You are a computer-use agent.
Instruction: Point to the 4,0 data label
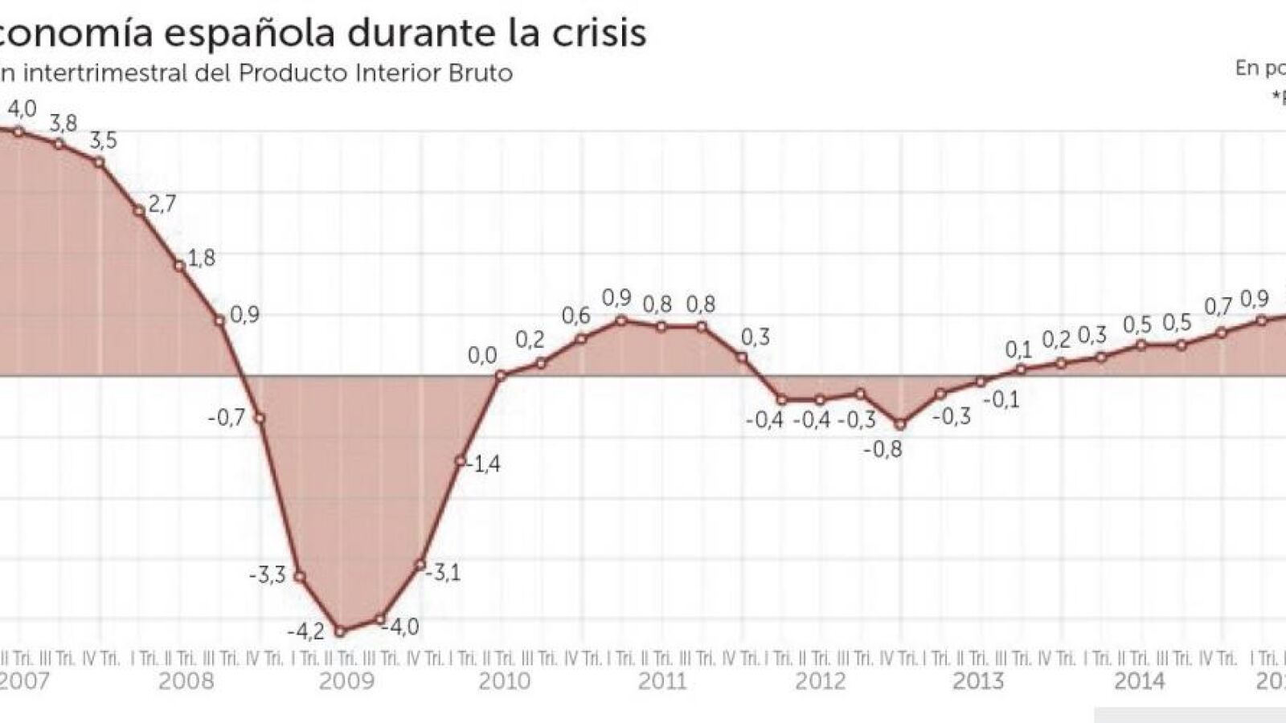pyautogui.click(x=22, y=108)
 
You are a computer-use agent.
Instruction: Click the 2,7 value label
pyautogui.click(x=162, y=203)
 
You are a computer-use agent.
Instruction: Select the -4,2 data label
pyautogui.click(x=306, y=631)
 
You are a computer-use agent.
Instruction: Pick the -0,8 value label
pyautogui.click(x=883, y=449)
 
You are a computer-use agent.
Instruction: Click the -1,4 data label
pyautogui.click(x=484, y=464)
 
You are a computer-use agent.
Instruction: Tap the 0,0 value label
pyautogui.click(x=482, y=355)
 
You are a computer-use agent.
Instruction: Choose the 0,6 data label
pyautogui.click(x=575, y=316)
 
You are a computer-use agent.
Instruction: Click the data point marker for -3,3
pyautogui.click(x=300, y=576)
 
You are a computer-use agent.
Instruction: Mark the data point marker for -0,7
pyautogui.click(x=260, y=418)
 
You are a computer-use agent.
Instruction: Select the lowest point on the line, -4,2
pyautogui.click(x=340, y=631)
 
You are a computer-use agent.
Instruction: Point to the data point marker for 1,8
pyautogui.click(x=179, y=265)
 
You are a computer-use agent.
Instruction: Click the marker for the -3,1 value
pyautogui.click(x=420, y=565)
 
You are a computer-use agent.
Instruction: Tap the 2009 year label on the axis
pyautogui.click(x=346, y=681)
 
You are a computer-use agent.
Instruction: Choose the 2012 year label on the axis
pyautogui.click(x=821, y=681)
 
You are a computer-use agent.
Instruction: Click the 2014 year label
pyautogui.click(x=1139, y=681)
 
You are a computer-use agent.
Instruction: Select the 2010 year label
pyautogui.click(x=505, y=681)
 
